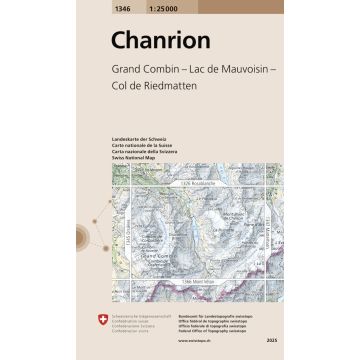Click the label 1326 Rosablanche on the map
(x=199, y=185)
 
